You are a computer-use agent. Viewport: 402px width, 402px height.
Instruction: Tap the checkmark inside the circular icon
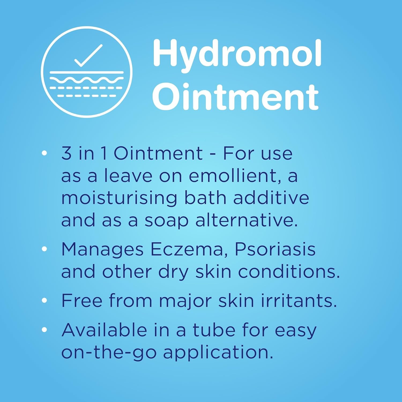coord(88,55)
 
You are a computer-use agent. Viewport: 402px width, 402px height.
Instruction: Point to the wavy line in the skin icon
coord(87,80)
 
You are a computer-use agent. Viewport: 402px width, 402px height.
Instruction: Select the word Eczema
coord(187,250)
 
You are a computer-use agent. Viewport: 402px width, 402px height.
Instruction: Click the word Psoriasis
coord(275,250)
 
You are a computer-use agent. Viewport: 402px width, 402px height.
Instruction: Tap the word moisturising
coord(119,198)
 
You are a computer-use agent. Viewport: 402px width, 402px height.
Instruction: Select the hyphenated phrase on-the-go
coord(109,352)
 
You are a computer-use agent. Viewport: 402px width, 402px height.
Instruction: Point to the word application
coord(218,353)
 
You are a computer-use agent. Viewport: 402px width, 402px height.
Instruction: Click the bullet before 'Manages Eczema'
coord(44,249)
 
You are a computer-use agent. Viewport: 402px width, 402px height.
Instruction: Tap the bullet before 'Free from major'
coord(44,300)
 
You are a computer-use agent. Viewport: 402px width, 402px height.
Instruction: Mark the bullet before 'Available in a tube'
coord(44,330)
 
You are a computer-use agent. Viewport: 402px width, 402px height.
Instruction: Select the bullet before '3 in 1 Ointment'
coord(44,153)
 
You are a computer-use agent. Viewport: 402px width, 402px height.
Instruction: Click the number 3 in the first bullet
coord(66,154)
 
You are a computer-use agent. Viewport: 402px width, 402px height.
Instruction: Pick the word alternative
coord(246,220)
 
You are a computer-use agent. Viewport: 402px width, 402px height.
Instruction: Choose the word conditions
coord(289,272)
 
